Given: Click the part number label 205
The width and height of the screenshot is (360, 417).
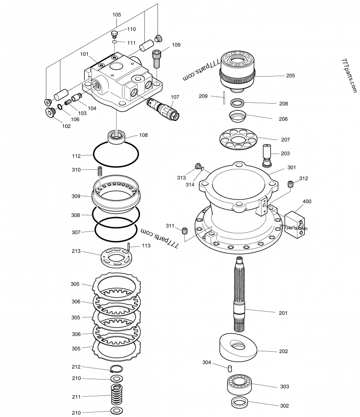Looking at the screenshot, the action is (x=290, y=76).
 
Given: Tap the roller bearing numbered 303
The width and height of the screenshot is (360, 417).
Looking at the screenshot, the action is (x=238, y=384).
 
